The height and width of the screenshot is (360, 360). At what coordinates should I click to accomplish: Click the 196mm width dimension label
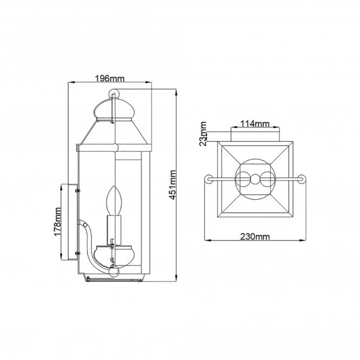[x=110, y=78]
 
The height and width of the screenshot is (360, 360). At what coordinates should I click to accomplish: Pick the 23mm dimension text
[x=202, y=134]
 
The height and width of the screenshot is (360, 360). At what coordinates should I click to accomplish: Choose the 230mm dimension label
[x=255, y=237]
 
